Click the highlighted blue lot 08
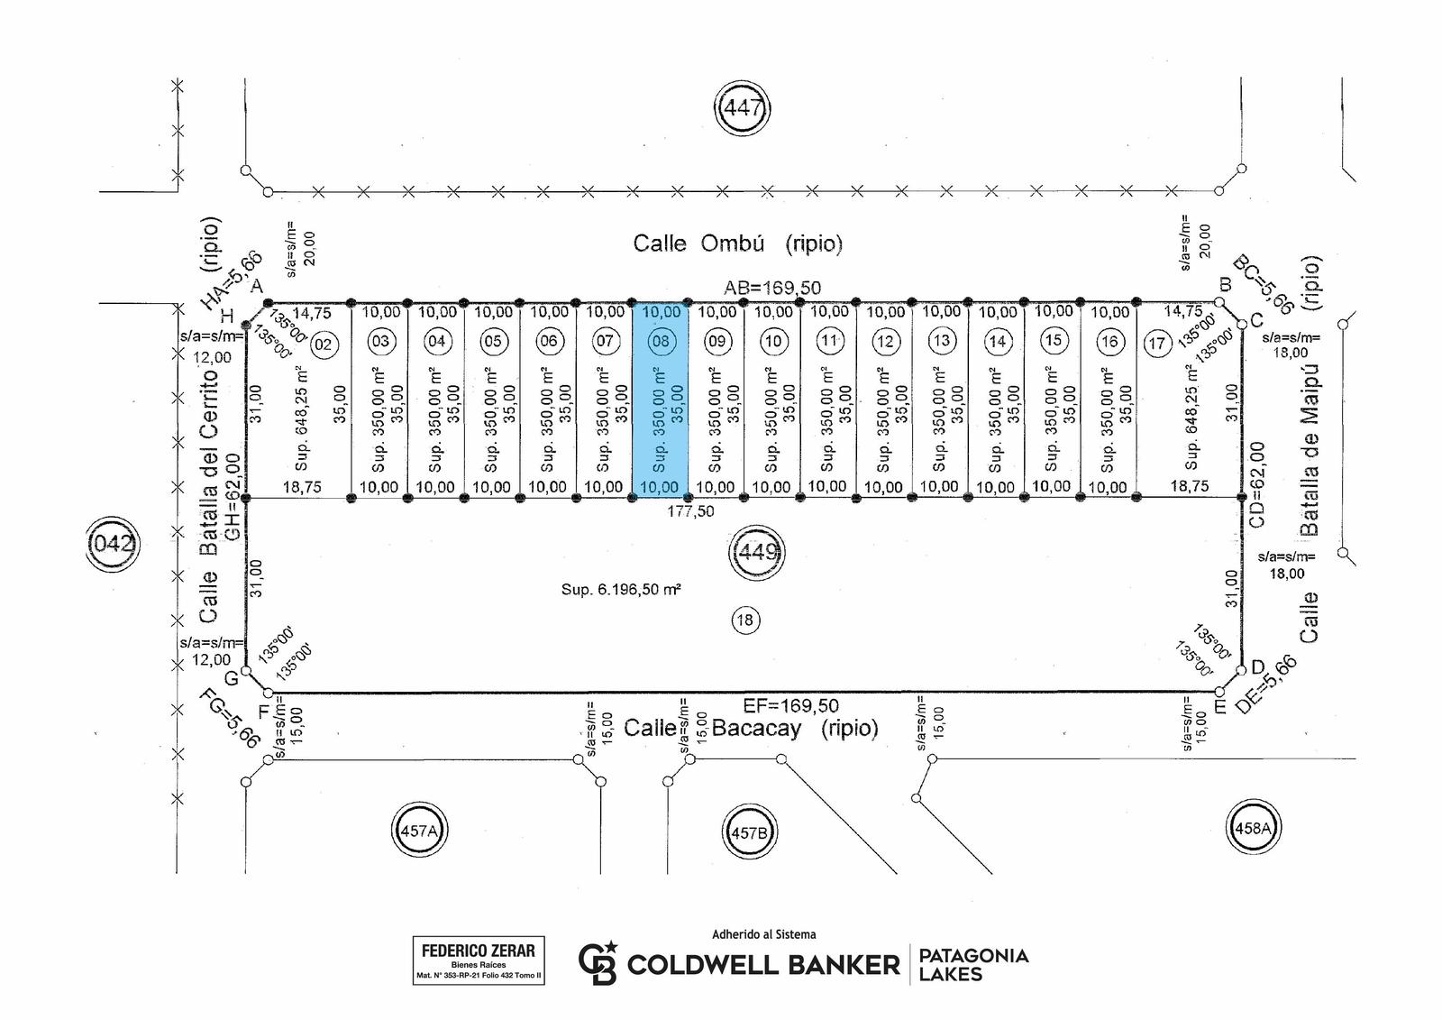tap(660, 400)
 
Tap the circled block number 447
tap(743, 107)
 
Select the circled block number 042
tap(113, 544)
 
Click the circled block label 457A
tap(419, 831)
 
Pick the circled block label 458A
tap(1253, 828)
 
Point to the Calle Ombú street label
tap(738, 244)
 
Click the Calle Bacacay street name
tap(751, 728)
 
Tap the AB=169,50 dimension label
tap(772, 288)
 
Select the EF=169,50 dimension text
tap(791, 705)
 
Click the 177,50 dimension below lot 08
tap(690, 511)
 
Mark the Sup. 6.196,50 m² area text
tap(621, 589)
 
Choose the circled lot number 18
tap(744, 620)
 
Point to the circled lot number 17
tap(1157, 344)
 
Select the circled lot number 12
tap(886, 342)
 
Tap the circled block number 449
tap(758, 552)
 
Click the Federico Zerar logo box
tap(479, 960)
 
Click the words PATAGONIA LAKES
tap(973, 965)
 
